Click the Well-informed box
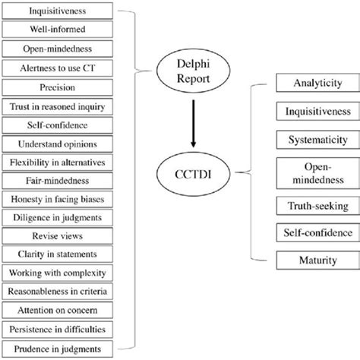tap(58, 30)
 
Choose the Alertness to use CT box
tap(58, 68)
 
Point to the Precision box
tap(58, 87)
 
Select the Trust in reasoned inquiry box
tap(58, 106)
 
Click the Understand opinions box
tap(58, 143)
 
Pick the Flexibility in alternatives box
tap(58, 162)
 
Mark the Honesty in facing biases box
tap(58, 199)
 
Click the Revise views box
tap(58, 236)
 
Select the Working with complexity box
tap(58, 273)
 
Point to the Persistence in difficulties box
tap(58, 329)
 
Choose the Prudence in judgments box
tap(58, 348)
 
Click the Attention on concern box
tap(58, 310)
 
